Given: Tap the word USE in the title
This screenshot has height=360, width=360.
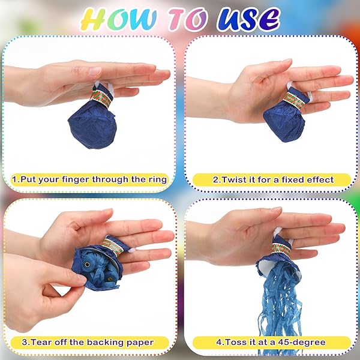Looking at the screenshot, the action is click(x=248, y=19).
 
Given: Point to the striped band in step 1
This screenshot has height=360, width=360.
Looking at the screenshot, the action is click(x=101, y=98).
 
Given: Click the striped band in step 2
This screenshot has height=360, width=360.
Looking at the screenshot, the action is click(x=294, y=100).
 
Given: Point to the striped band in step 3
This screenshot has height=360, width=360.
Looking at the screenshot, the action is click(x=112, y=247).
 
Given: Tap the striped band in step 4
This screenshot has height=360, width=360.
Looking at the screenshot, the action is click(x=281, y=250).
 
